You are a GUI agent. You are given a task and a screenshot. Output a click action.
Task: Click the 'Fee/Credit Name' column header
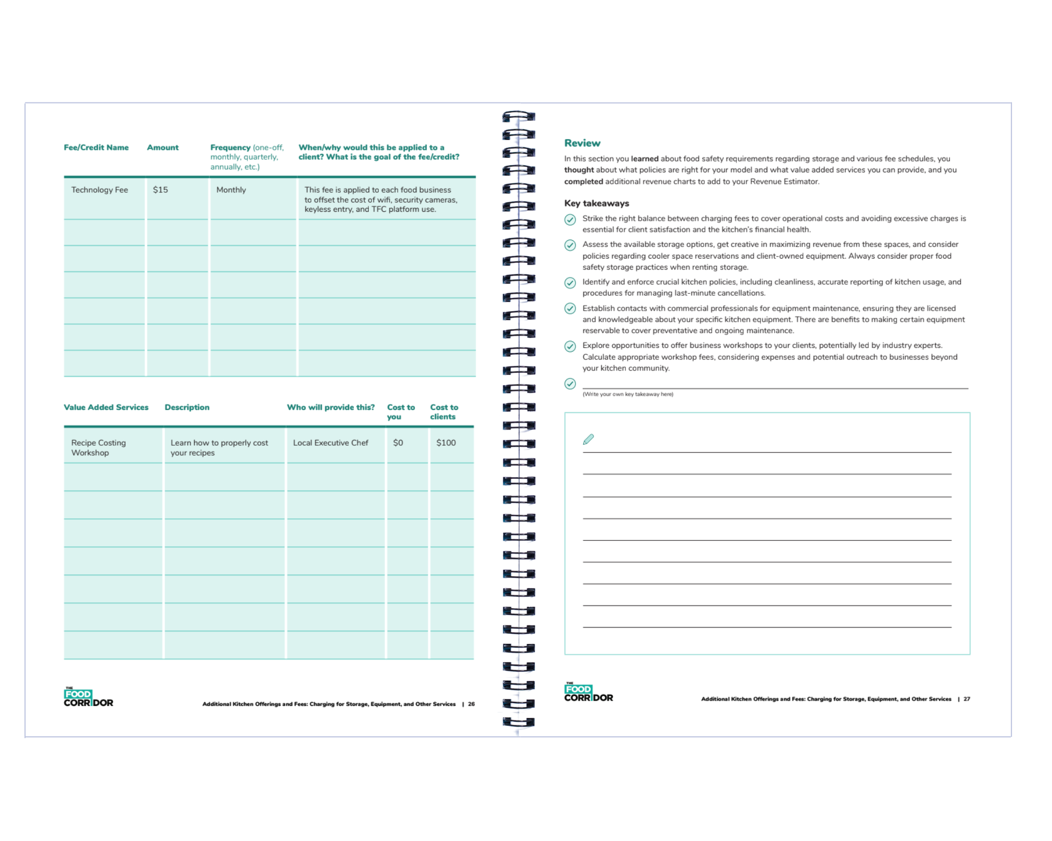pyautogui.click(x=96, y=148)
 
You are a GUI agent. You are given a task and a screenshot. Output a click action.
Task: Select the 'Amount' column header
pyautogui.click(x=163, y=148)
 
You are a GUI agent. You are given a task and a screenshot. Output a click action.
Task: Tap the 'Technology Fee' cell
pyautogui.click(x=100, y=190)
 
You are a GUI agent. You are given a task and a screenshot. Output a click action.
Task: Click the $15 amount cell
pyautogui.click(x=160, y=190)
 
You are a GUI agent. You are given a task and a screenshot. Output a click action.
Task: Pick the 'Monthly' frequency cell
pyautogui.click(x=231, y=190)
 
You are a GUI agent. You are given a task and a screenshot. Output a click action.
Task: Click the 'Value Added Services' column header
pyautogui.click(x=106, y=407)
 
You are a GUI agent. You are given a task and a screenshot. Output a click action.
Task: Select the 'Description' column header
pyautogui.click(x=187, y=407)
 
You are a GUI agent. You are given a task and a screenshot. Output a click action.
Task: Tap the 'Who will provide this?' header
pyautogui.click(x=331, y=407)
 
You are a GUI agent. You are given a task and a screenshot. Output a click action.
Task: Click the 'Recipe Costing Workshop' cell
pyautogui.click(x=98, y=448)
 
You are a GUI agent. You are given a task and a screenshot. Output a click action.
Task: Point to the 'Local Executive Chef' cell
pyautogui.click(x=330, y=443)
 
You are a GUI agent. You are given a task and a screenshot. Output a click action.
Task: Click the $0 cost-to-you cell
pyautogui.click(x=398, y=443)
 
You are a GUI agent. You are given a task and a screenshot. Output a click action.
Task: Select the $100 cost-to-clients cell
pyautogui.click(x=446, y=443)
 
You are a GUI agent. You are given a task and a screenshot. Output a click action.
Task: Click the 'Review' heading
pyautogui.click(x=582, y=143)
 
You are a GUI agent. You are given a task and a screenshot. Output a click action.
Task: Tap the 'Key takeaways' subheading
pyautogui.click(x=596, y=203)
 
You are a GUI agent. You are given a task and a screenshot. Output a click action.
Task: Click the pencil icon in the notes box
pyautogui.click(x=589, y=439)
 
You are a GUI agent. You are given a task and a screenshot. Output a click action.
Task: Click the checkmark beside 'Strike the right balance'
pyautogui.click(x=570, y=220)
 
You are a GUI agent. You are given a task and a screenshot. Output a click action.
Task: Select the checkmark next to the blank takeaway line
pyautogui.click(x=570, y=384)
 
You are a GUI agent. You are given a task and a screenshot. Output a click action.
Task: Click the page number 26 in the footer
pyautogui.click(x=471, y=704)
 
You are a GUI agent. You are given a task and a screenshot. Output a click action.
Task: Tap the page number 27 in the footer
pyautogui.click(x=967, y=699)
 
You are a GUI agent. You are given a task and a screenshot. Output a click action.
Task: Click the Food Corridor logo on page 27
pyautogui.click(x=589, y=693)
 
